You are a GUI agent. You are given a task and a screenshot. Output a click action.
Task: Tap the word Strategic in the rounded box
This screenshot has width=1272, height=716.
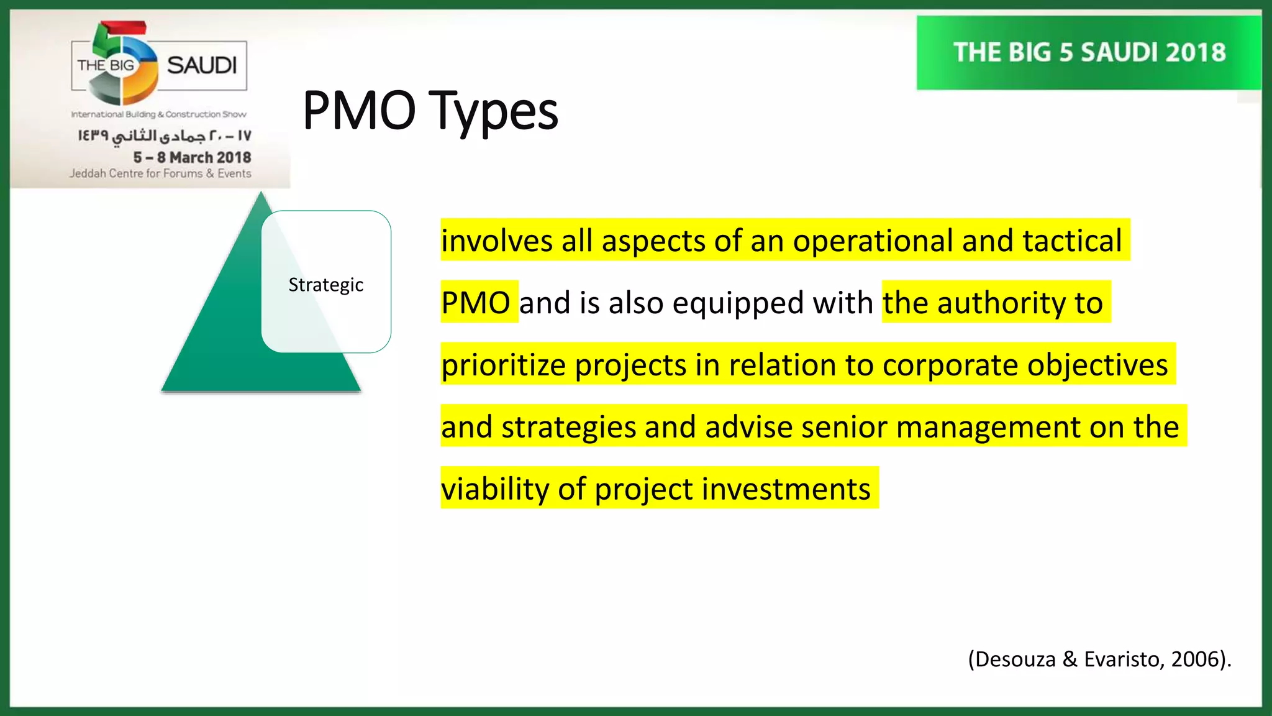(325, 285)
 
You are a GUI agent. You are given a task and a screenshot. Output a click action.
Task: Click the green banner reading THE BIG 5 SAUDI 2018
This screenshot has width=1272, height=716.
(1089, 53)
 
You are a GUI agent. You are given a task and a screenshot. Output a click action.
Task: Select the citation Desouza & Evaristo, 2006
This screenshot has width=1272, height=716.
(1099, 659)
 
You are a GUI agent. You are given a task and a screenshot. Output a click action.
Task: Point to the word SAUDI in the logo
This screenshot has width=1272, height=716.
(202, 65)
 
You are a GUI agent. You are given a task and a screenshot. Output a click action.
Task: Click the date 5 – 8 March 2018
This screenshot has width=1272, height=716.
(192, 157)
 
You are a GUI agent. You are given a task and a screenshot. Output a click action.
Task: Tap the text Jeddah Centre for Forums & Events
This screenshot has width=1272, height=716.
(160, 173)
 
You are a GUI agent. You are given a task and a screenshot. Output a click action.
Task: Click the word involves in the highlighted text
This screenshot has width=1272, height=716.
(496, 241)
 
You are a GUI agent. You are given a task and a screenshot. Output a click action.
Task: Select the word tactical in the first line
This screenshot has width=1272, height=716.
(1072, 241)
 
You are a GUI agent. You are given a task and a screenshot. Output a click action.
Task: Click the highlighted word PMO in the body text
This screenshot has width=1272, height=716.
(476, 303)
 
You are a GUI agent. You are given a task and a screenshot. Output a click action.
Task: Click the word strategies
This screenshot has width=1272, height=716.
(568, 427)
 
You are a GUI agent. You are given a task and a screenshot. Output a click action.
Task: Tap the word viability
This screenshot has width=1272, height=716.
(495, 489)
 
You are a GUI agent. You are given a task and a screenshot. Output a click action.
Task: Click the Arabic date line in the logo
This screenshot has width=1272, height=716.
(165, 135)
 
